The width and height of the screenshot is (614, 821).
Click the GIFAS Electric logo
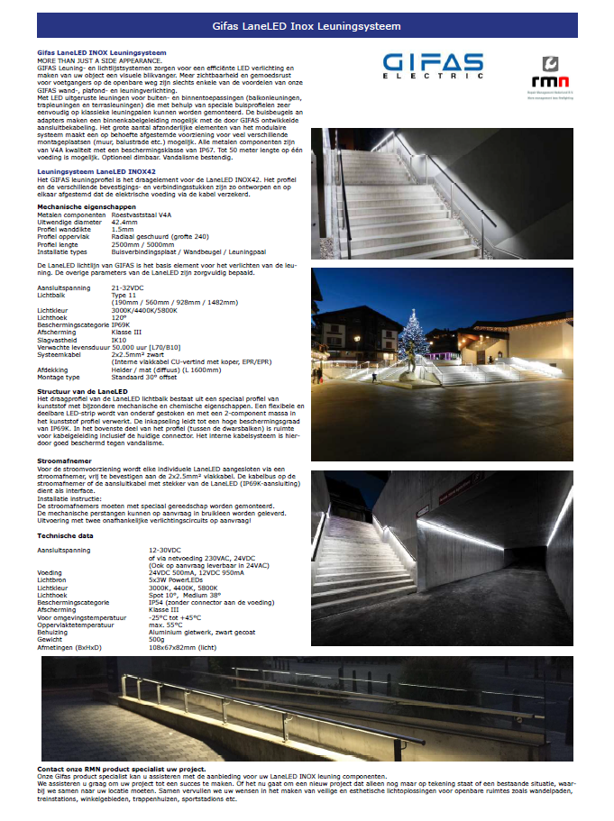[x=433, y=68]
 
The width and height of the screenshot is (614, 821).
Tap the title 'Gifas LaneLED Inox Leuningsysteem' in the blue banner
[x=307, y=27]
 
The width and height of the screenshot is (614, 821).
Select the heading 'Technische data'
[x=65, y=535]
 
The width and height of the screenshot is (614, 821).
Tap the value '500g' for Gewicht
[x=156, y=641]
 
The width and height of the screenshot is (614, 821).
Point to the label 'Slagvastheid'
[x=57, y=340]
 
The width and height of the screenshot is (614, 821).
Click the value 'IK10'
[x=119, y=340]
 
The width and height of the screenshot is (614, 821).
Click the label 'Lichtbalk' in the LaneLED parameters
[x=52, y=294]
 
